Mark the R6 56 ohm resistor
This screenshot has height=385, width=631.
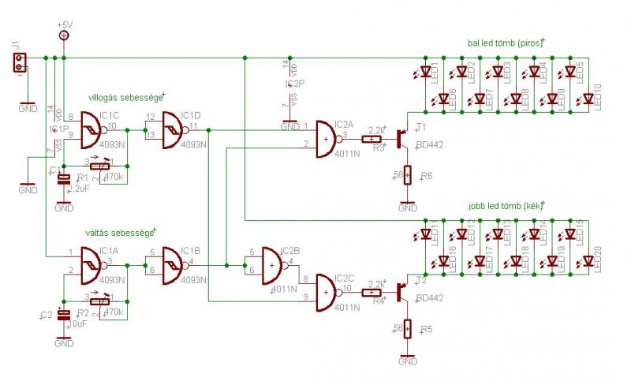pos(408,175)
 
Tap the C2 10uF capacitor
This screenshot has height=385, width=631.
pos(64,315)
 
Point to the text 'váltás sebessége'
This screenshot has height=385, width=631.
pos(121,233)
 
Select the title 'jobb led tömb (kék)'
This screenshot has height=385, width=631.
pos(506,206)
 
